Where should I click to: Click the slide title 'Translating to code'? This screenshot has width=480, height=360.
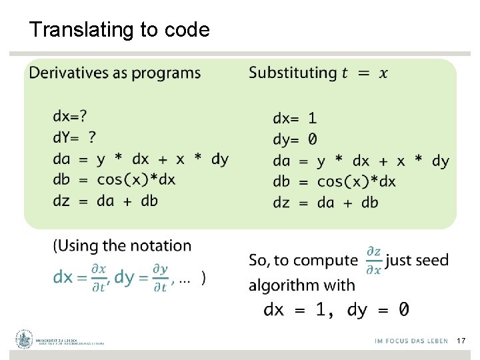[x=119, y=30]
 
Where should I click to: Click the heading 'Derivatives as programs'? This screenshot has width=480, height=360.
[x=115, y=73]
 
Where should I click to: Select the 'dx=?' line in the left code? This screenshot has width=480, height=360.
[x=70, y=117]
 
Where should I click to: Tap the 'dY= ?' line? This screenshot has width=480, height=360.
[x=74, y=137]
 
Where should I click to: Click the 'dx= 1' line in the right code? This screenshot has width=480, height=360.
[x=295, y=119]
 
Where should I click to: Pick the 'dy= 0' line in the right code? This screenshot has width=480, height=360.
[x=295, y=139]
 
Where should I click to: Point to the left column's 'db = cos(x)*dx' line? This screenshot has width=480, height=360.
[x=114, y=179]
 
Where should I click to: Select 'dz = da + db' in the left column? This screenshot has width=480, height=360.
[x=105, y=200]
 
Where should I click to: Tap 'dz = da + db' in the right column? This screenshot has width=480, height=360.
[x=325, y=202]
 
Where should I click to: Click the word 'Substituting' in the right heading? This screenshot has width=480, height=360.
[x=293, y=73]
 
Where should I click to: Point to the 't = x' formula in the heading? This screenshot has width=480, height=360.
[x=364, y=73]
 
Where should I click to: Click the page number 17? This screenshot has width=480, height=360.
[x=461, y=341]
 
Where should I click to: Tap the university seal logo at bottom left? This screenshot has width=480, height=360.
[x=25, y=339]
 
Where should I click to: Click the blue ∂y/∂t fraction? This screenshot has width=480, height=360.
[x=160, y=278]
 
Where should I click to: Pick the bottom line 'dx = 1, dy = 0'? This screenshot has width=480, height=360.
[x=336, y=309]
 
